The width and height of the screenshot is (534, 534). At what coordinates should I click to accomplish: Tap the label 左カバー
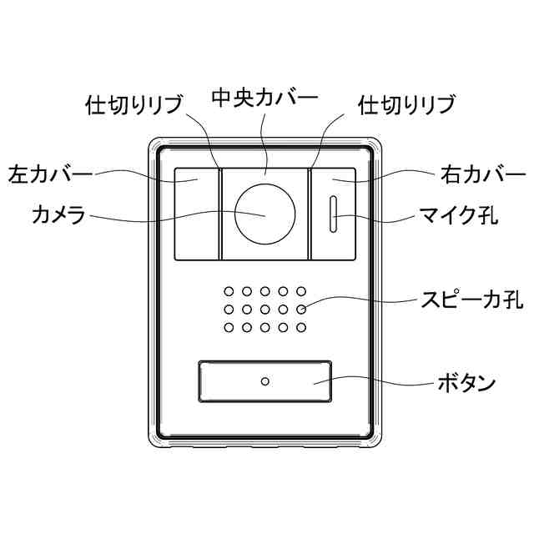click(x=49, y=175)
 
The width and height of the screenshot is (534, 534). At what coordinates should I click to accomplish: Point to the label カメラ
click(x=58, y=215)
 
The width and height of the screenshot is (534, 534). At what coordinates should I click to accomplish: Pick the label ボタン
click(x=467, y=384)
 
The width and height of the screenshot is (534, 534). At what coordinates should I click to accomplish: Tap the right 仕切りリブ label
click(x=406, y=105)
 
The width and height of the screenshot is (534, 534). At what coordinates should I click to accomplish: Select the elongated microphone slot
click(x=333, y=215)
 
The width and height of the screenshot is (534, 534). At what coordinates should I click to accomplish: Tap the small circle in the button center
click(x=264, y=382)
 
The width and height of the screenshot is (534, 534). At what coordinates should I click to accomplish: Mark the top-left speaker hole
click(x=227, y=292)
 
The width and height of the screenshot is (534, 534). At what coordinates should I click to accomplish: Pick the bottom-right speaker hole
click(x=301, y=326)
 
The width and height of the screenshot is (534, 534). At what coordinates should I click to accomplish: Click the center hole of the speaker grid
click(x=264, y=310)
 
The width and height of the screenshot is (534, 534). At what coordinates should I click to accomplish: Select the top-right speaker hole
click(x=301, y=292)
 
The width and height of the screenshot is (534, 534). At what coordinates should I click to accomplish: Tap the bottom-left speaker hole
click(x=227, y=326)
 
